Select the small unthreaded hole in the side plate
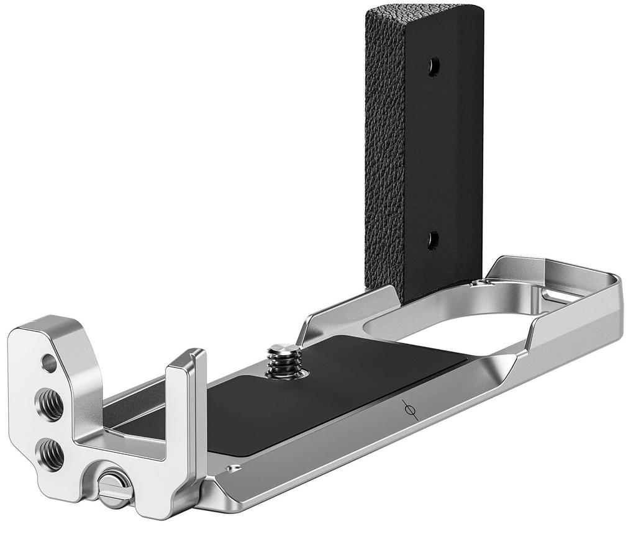(49, 363)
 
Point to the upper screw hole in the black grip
(434, 67)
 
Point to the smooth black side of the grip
(453, 155)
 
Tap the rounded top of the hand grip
(422, 12)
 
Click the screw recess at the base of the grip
(479, 283)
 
